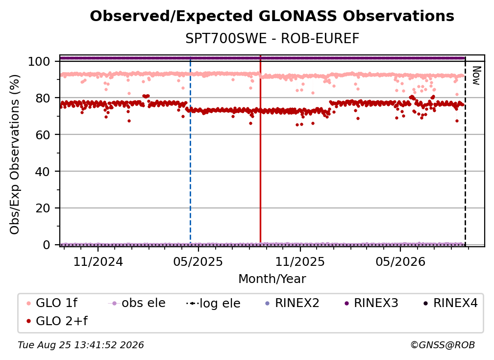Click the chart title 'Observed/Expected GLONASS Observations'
[x=272, y=16]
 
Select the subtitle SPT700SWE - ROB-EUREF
[x=272, y=39]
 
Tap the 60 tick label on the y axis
[x=43, y=135]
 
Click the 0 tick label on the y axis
[x=47, y=245]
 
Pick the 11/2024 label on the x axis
[x=98, y=261]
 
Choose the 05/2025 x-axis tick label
[x=198, y=261]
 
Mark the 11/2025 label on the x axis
[x=300, y=261]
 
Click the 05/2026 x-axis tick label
[x=400, y=261]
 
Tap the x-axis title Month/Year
[x=272, y=279]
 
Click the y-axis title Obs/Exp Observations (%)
[x=15, y=154]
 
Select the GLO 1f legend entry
[x=52, y=303]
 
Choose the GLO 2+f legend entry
[x=57, y=321]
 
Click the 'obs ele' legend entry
[x=137, y=303]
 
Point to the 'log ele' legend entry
[x=213, y=304]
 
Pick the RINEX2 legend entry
[x=293, y=303]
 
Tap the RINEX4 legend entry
[x=450, y=303]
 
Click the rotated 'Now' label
[x=476, y=76]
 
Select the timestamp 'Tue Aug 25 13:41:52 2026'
[x=81, y=345]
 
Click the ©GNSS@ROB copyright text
[x=443, y=345]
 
